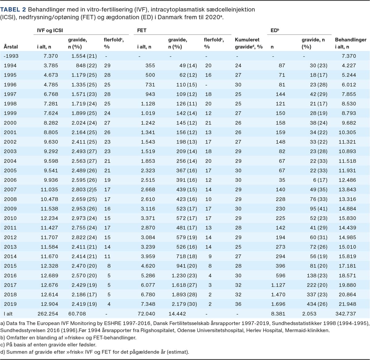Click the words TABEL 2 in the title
(13, 10)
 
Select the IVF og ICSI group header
(50, 31)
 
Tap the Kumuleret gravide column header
(249, 43)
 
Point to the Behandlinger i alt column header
(351, 43)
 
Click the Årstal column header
(11, 47)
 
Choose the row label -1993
(11, 56)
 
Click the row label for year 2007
(10, 189)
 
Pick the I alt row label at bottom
(8, 314)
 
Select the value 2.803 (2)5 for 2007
(84, 189)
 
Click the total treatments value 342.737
(346, 314)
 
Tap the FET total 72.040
(146, 314)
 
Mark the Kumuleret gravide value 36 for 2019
(238, 304)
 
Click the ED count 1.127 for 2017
(278, 285)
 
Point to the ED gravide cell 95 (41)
(319, 209)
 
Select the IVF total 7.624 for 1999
(51, 113)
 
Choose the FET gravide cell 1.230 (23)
(184, 275)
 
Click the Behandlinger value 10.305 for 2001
(347, 132)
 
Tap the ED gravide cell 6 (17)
(320, 180)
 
